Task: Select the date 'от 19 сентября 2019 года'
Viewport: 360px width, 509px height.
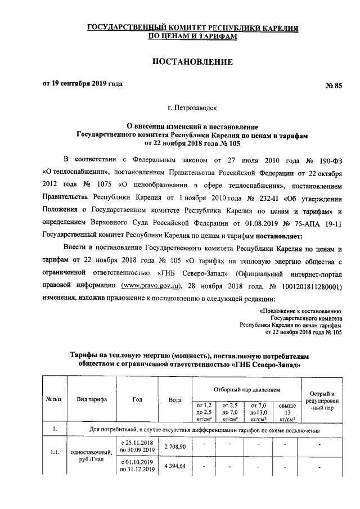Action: tap(83, 84)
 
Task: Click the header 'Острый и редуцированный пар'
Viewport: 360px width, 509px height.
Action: tap(319, 400)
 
